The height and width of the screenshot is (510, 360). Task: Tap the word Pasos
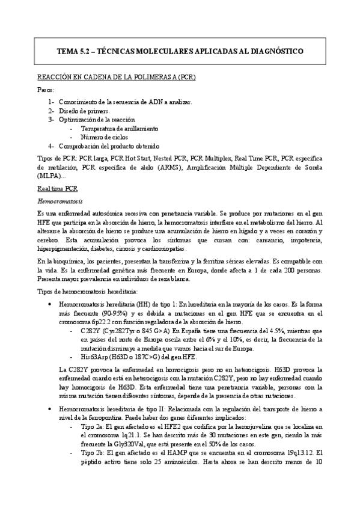45,89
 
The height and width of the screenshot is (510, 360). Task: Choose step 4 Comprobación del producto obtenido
109,146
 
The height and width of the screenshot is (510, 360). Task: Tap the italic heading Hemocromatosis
59,201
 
